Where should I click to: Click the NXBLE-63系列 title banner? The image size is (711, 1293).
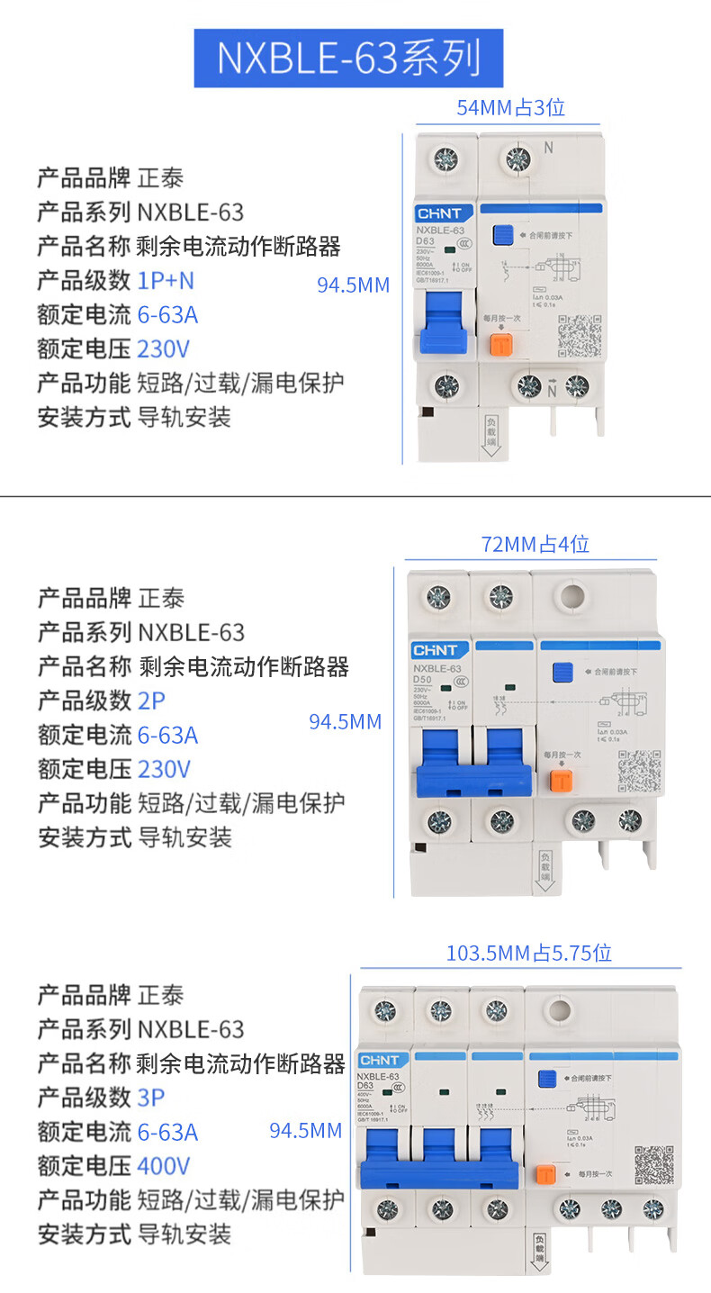coord(348,58)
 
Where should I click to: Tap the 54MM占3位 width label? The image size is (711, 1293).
coord(510,108)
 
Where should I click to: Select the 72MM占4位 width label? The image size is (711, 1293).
coord(535,544)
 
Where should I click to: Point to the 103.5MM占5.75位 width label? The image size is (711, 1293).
coord(528,953)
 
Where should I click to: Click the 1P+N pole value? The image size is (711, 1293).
coord(166,280)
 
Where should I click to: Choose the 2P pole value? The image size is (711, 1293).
coord(151,701)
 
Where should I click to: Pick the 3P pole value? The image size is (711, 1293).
coord(151,1098)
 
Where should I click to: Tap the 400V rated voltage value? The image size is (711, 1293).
coord(163,1166)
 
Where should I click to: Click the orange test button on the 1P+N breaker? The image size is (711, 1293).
coord(500,345)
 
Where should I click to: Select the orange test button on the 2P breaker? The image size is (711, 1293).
coord(562,780)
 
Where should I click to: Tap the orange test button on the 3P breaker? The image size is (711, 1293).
coord(544,1174)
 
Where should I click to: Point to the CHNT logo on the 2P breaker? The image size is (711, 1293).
coord(436,650)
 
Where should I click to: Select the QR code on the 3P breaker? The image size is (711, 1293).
coord(653,1165)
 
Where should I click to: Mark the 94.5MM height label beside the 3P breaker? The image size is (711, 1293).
coord(306,1131)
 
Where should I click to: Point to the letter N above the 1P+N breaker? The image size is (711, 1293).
coord(547,147)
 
